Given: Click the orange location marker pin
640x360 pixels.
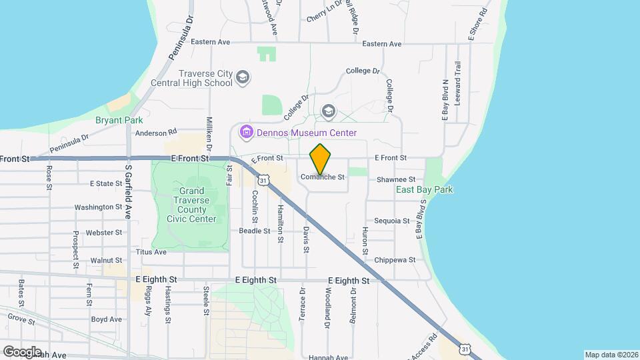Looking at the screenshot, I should [321, 159].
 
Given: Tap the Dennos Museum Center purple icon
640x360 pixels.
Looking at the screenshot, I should [247, 132].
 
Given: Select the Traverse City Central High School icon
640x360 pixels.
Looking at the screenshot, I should [243, 78].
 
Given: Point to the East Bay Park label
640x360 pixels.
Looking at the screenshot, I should [424, 190].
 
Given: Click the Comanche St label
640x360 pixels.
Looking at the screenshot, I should [322, 177].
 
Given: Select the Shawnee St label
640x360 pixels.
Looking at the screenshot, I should [396, 180].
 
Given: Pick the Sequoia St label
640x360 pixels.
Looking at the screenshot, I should [392, 220].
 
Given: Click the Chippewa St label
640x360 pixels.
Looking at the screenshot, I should [395, 259].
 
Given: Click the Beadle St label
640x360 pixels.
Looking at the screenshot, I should [255, 231].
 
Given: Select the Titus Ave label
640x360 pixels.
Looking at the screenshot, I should [151, 252].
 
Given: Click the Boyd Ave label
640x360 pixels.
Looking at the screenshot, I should [107, 319].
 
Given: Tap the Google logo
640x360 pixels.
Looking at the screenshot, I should [22, 351].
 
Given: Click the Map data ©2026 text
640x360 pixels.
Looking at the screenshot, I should [610, 355].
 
